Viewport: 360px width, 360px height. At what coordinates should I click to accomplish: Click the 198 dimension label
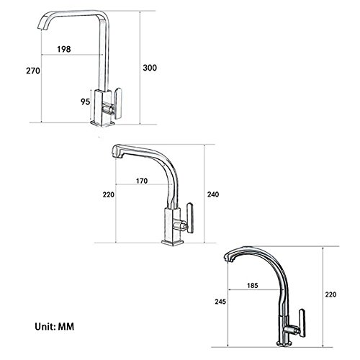64,49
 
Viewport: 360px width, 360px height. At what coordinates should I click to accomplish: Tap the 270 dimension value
33,71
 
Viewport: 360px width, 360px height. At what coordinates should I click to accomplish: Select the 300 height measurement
150,68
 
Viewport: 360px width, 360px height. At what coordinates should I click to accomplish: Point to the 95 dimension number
85,102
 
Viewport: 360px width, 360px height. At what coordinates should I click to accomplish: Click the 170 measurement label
142,181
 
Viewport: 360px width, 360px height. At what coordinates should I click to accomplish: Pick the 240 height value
213,194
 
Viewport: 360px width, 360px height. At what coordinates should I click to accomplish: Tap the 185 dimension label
253,285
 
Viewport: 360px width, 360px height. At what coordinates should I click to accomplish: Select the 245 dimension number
220,302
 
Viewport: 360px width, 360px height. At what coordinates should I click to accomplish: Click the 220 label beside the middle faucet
109,194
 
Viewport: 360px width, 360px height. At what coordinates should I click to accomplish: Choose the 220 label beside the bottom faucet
330,294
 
